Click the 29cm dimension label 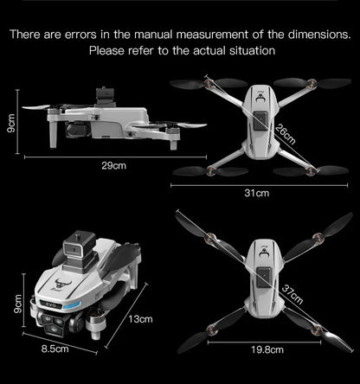(x=114, y=165)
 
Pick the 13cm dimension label (x=139, y=320)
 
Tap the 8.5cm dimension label (x=55, y=349)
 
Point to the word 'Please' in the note (x=108, y=51)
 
